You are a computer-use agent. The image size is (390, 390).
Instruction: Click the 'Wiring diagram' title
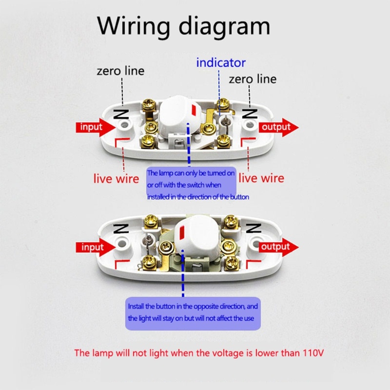pyautogui.click(x=184, y=27)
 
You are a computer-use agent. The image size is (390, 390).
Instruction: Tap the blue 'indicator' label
pyautogui.click(x=221, y=62)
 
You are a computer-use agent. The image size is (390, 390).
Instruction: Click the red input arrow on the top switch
pyautogui.click(x=96, y=127)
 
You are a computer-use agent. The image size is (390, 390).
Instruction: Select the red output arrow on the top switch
pyautogui.click(x=278, y=127)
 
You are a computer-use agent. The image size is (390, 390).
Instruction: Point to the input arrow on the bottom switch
pyautogui.click(x=96, y=247)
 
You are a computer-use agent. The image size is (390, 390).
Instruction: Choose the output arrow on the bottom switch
pyautogui.click(x=278, y=247)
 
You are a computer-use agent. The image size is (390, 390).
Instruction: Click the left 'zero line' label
pyautogui.click(x=120, y=71)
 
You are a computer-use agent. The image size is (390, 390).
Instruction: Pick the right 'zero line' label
pyautogui.click(x=253, y=79)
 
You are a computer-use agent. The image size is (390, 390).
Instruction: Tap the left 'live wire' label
pyautogui.click(x=116, y=178)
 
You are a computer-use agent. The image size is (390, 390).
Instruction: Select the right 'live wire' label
pyautogui.click(x=261, y=178)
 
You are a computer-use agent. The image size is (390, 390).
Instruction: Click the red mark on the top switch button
pyautogui.click(x=194, y=110)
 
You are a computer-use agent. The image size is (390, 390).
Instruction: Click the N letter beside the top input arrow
pyautogui.click(x=121, y=114)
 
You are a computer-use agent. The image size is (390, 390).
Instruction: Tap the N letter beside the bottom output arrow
pyautogui.click(x=253, y=228)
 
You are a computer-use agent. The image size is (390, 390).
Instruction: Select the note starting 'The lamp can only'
pyautogui.click(x=191, y=185)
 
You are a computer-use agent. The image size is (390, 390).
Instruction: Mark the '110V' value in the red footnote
pyautogui.click(x=313, y=352)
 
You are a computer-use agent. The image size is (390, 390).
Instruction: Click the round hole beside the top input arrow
pyautogui.click(x=124, y=124)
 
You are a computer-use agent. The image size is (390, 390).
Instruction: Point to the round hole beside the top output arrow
pyautogui.click(x=249, y=124)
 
